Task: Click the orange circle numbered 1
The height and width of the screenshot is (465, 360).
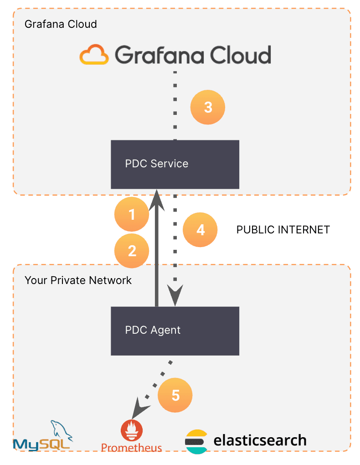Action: tap(132, 214)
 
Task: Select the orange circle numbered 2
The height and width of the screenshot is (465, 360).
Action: tap(132, 251)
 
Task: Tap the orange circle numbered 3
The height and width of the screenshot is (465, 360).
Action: tap(208, 108)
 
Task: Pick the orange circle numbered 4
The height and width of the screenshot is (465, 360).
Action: tap(200, 230)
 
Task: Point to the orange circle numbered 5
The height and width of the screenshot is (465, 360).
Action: tap(175, 395)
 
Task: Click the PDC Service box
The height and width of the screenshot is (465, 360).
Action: tap(175, 164)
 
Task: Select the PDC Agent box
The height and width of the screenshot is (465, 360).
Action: tap(175, 331)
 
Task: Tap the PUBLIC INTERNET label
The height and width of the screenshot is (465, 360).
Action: tap(283, 230)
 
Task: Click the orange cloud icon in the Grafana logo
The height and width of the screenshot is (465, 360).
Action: tap(94, 55)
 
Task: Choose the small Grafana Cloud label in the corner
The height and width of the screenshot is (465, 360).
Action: tap(61, 24)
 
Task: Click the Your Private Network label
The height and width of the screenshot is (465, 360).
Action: tap(78, 280)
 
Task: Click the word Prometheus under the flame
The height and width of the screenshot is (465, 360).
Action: tap(131, 448)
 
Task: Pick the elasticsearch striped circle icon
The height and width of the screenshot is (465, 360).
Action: tap(196, 441)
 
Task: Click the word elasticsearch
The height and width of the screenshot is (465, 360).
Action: tap(260, 440)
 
